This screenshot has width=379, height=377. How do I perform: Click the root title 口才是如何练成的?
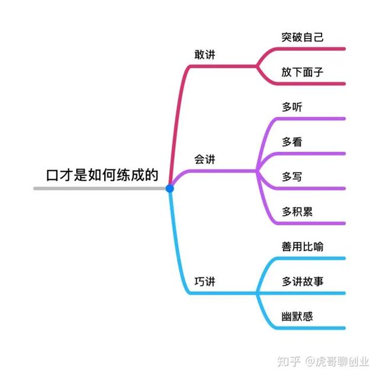tap(102, 175)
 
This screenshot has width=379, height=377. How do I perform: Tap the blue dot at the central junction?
tap(170, 188)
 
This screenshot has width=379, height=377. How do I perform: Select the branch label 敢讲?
tap(205, 55)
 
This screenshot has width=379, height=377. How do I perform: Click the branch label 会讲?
tap(205, 159)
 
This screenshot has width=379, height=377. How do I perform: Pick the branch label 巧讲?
tap(205, 281)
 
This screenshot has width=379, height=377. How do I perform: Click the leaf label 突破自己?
tap(303, 37)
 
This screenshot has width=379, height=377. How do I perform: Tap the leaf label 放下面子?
tap(303, 72)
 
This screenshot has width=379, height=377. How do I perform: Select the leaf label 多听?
tap(293, 107)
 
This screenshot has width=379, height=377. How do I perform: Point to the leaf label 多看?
tap(293, 142)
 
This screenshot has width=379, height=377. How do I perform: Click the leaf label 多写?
tap(293, 177)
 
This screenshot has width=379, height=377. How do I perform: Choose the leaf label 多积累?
tap(297, 212)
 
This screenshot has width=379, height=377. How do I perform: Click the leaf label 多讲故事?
tap(303, 282)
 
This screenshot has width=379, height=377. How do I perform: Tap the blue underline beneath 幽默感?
tap(308, 328)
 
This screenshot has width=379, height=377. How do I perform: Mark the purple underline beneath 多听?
tap(308, 119)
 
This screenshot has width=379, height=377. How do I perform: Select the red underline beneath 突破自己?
tap(308, 49)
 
